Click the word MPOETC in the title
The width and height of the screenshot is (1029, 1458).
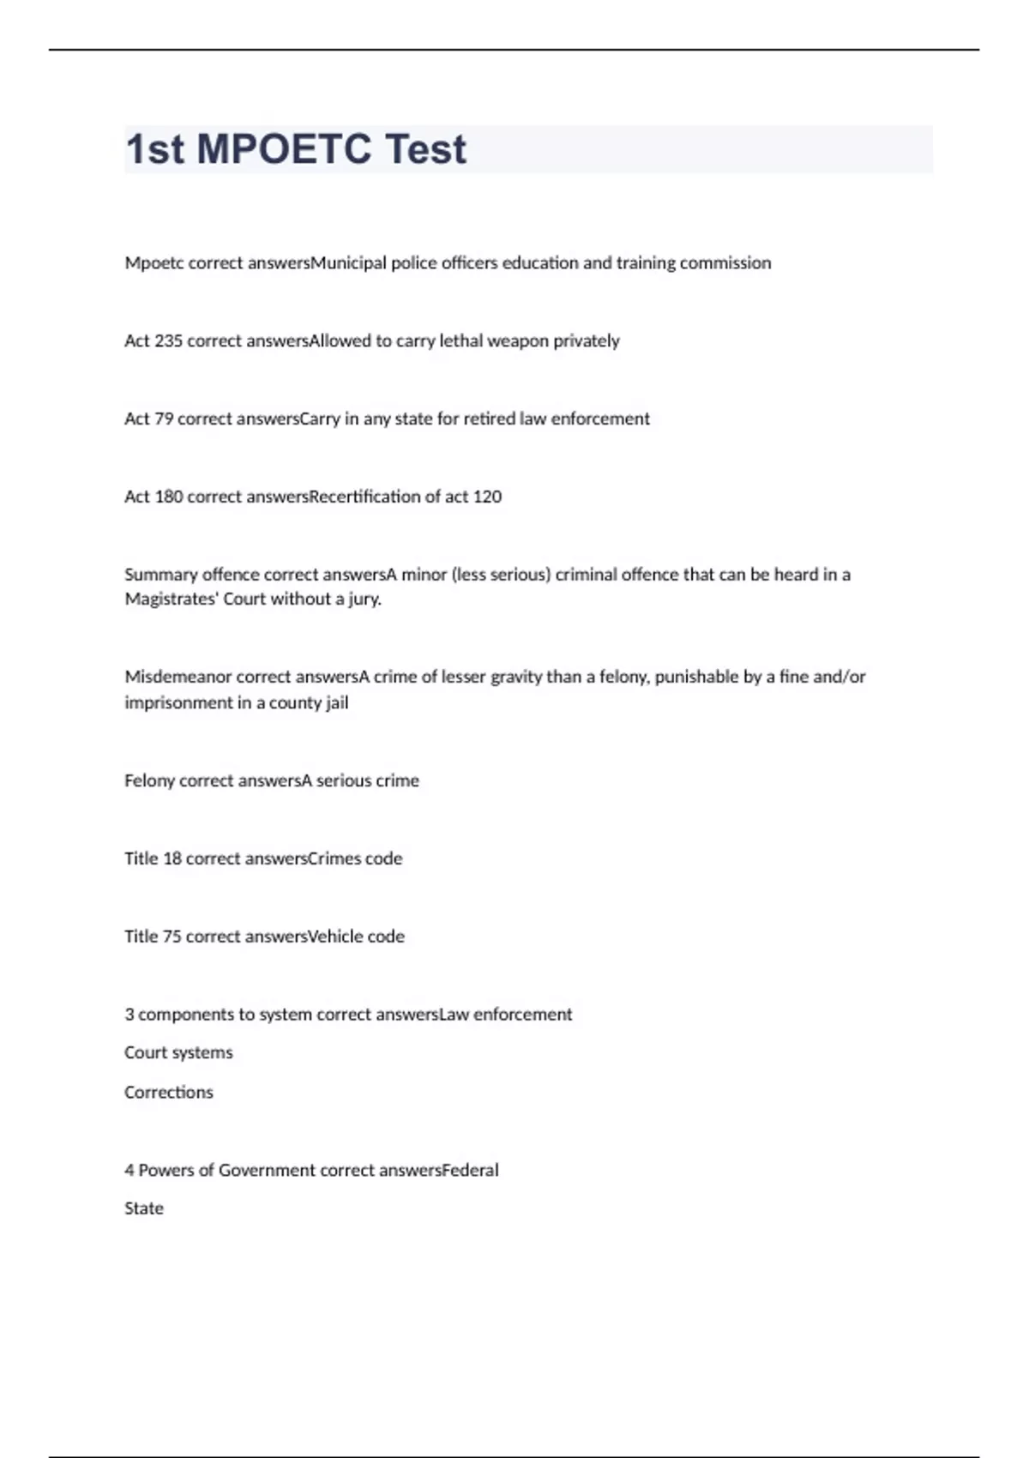[284, 149]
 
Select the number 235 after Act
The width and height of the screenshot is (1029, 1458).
[168, 340]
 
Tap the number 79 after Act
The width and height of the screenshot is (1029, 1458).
[164, 419]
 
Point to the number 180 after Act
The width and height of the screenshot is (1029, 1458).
[168, 497]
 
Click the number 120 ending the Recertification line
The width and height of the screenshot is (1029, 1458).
[487, 497]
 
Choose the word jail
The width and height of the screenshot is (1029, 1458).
[337, 702]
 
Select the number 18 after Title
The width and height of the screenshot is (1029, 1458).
[171, 859]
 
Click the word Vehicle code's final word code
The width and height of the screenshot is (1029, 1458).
[386, 937]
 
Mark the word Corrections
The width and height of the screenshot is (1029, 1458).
[169, 1092]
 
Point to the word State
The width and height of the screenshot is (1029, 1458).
[144, 1208]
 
